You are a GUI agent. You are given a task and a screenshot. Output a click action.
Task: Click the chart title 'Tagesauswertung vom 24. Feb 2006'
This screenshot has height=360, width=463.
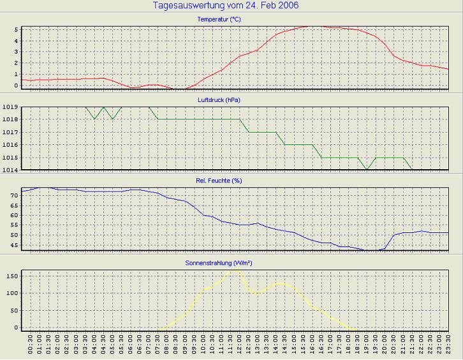pos(226,6)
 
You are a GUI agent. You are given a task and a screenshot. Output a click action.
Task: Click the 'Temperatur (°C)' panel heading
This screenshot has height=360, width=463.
pos(219,19)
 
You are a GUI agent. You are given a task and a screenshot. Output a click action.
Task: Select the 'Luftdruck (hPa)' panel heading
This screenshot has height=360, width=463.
pos(219,100)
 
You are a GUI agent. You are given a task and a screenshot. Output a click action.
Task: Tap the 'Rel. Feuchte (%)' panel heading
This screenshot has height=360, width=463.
pos(219,181)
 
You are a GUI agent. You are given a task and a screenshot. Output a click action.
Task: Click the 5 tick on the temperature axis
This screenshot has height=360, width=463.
pos(17,29)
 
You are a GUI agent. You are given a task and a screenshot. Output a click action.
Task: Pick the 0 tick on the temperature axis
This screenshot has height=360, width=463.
pos(17,85)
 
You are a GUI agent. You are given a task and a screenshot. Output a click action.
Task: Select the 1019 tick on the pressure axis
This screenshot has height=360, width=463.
pos(11,107)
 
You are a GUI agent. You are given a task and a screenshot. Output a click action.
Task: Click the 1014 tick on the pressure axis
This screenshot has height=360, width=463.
pos(11,170)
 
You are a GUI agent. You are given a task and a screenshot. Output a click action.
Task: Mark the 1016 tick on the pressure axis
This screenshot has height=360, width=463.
pos(11,145)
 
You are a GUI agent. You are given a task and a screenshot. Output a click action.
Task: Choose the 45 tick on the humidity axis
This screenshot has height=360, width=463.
pos(15,244)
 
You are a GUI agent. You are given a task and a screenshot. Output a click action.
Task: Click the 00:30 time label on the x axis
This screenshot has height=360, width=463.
pos(31,345)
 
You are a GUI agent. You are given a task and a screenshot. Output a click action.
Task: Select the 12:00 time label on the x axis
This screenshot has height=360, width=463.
pos(239,345)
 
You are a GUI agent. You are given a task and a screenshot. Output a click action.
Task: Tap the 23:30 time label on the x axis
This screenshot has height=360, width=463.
pos(448,345)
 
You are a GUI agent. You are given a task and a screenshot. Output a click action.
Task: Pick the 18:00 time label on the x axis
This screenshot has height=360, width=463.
pos(348,345)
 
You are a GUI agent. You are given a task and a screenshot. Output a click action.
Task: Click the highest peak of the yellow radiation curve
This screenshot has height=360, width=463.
pos(235,270)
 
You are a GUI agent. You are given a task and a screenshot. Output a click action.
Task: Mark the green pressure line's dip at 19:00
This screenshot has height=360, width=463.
pos(366,169)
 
